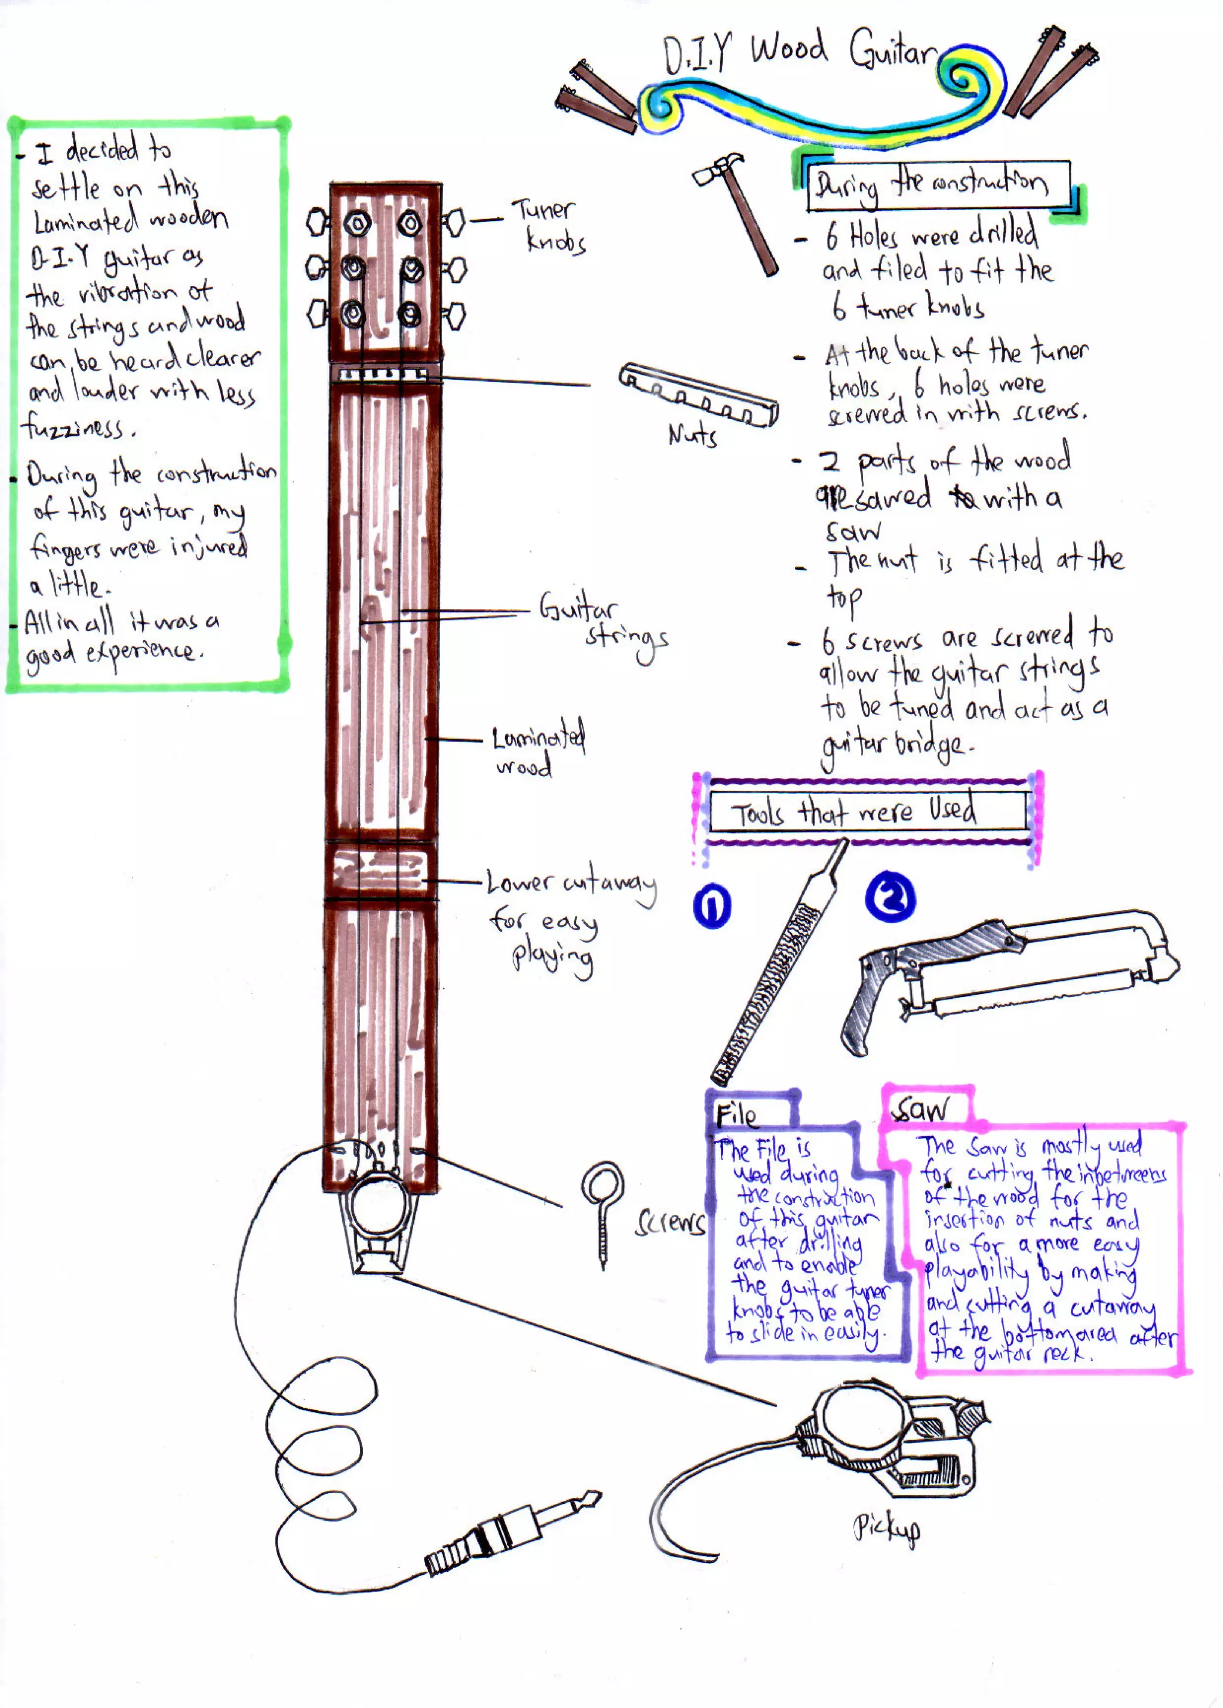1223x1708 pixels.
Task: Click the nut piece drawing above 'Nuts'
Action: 698,395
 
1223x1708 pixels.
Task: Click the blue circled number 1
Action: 712,906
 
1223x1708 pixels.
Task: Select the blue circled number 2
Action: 890,897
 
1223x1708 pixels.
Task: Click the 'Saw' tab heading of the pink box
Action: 921,1107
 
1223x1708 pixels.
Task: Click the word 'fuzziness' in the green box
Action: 75,427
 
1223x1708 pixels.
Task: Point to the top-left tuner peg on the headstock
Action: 317,222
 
